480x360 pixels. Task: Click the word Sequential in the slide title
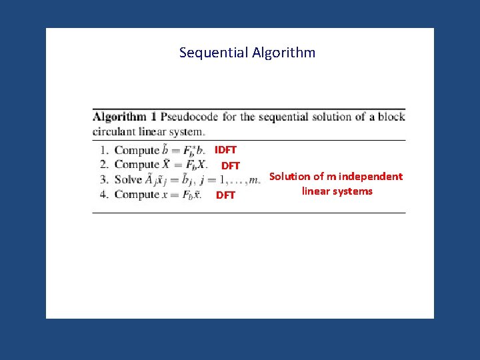tap(214, 53)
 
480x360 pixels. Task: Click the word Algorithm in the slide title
tap(284, 53)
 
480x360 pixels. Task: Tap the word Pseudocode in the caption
tap(189, 117)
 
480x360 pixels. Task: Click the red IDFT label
tap(225, 150)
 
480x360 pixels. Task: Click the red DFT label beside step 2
tap(231, 165)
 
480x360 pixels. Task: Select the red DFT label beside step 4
tap(225, 195)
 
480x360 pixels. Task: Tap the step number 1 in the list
tap(104, 150)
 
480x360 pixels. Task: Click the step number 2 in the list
tap(104, 165)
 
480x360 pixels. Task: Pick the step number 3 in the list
tap(104, 179)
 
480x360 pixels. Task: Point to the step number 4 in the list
tap(104, 195)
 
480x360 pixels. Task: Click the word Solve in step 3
tap(128, 179)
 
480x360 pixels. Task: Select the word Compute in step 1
tap(137, 150)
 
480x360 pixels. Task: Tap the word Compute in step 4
tap(137, 195)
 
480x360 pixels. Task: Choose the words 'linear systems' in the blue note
tap(337, 191)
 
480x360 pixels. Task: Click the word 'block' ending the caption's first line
tap(391, 117)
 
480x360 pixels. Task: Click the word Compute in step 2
tap(137, 165)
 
